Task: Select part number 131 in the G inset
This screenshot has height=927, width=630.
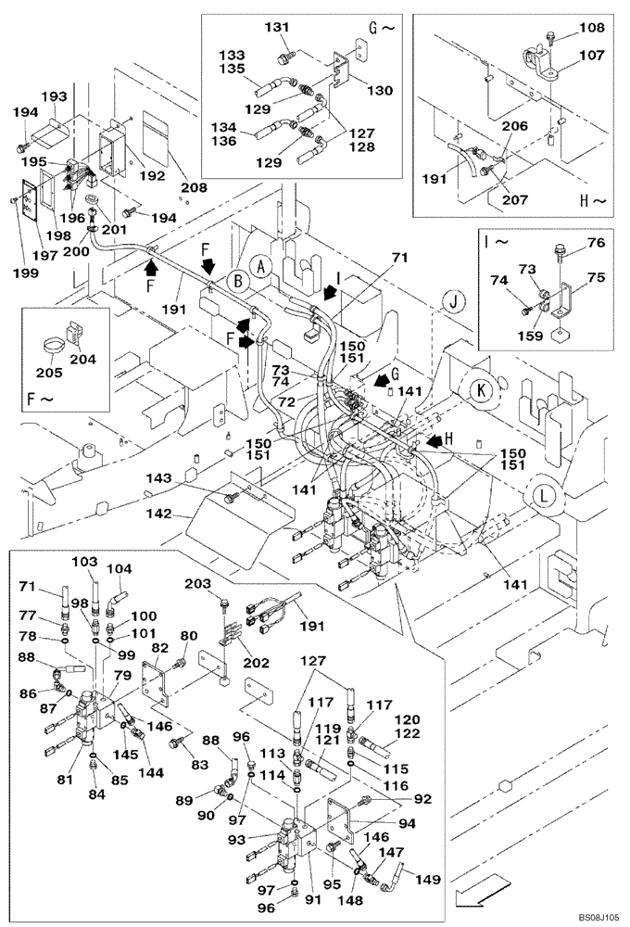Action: point(276,29)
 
